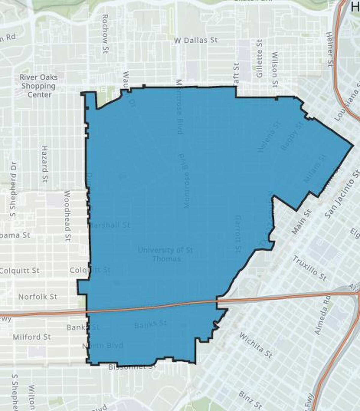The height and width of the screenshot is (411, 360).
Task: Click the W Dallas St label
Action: [196, 40]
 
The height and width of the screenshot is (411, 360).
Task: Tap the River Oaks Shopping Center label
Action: [39, 86]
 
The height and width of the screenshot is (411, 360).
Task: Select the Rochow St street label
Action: [105, 33]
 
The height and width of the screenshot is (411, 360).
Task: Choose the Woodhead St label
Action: [67, 216]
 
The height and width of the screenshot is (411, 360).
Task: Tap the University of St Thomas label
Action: [166, 254]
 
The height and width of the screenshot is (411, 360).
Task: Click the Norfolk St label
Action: [38, 297]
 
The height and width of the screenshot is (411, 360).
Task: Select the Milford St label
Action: [31, 337]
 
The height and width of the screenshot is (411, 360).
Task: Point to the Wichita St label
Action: [256, 345]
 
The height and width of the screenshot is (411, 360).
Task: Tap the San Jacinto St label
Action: [342, 195]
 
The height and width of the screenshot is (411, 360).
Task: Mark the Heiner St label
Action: [331, 48]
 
